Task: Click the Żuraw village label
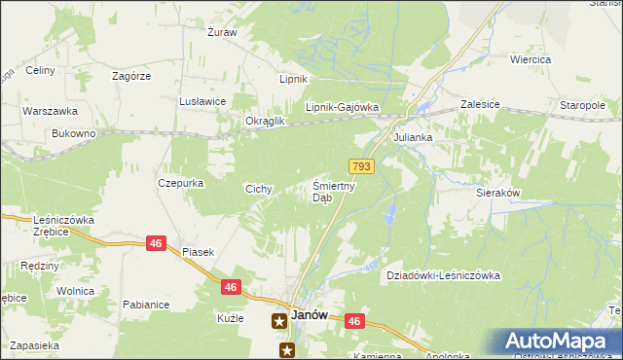click(x=222, y=32)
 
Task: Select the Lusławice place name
click(x=202, y=101)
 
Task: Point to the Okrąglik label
click(x=265, y=121)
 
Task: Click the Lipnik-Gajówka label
click(x=342, y=108)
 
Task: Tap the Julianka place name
click(x=412, y=138)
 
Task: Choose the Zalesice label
click(x=480, y=102)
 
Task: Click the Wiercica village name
click(x=531, y=59)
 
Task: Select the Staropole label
click(x=583, y=105)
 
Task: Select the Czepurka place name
click(x=179, y=182)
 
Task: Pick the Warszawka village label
click(x=44, y=110)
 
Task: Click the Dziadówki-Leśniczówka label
click(x=443, y=275)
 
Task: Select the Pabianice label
click(x=146, y=305)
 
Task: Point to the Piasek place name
click(x=198, y=252)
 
